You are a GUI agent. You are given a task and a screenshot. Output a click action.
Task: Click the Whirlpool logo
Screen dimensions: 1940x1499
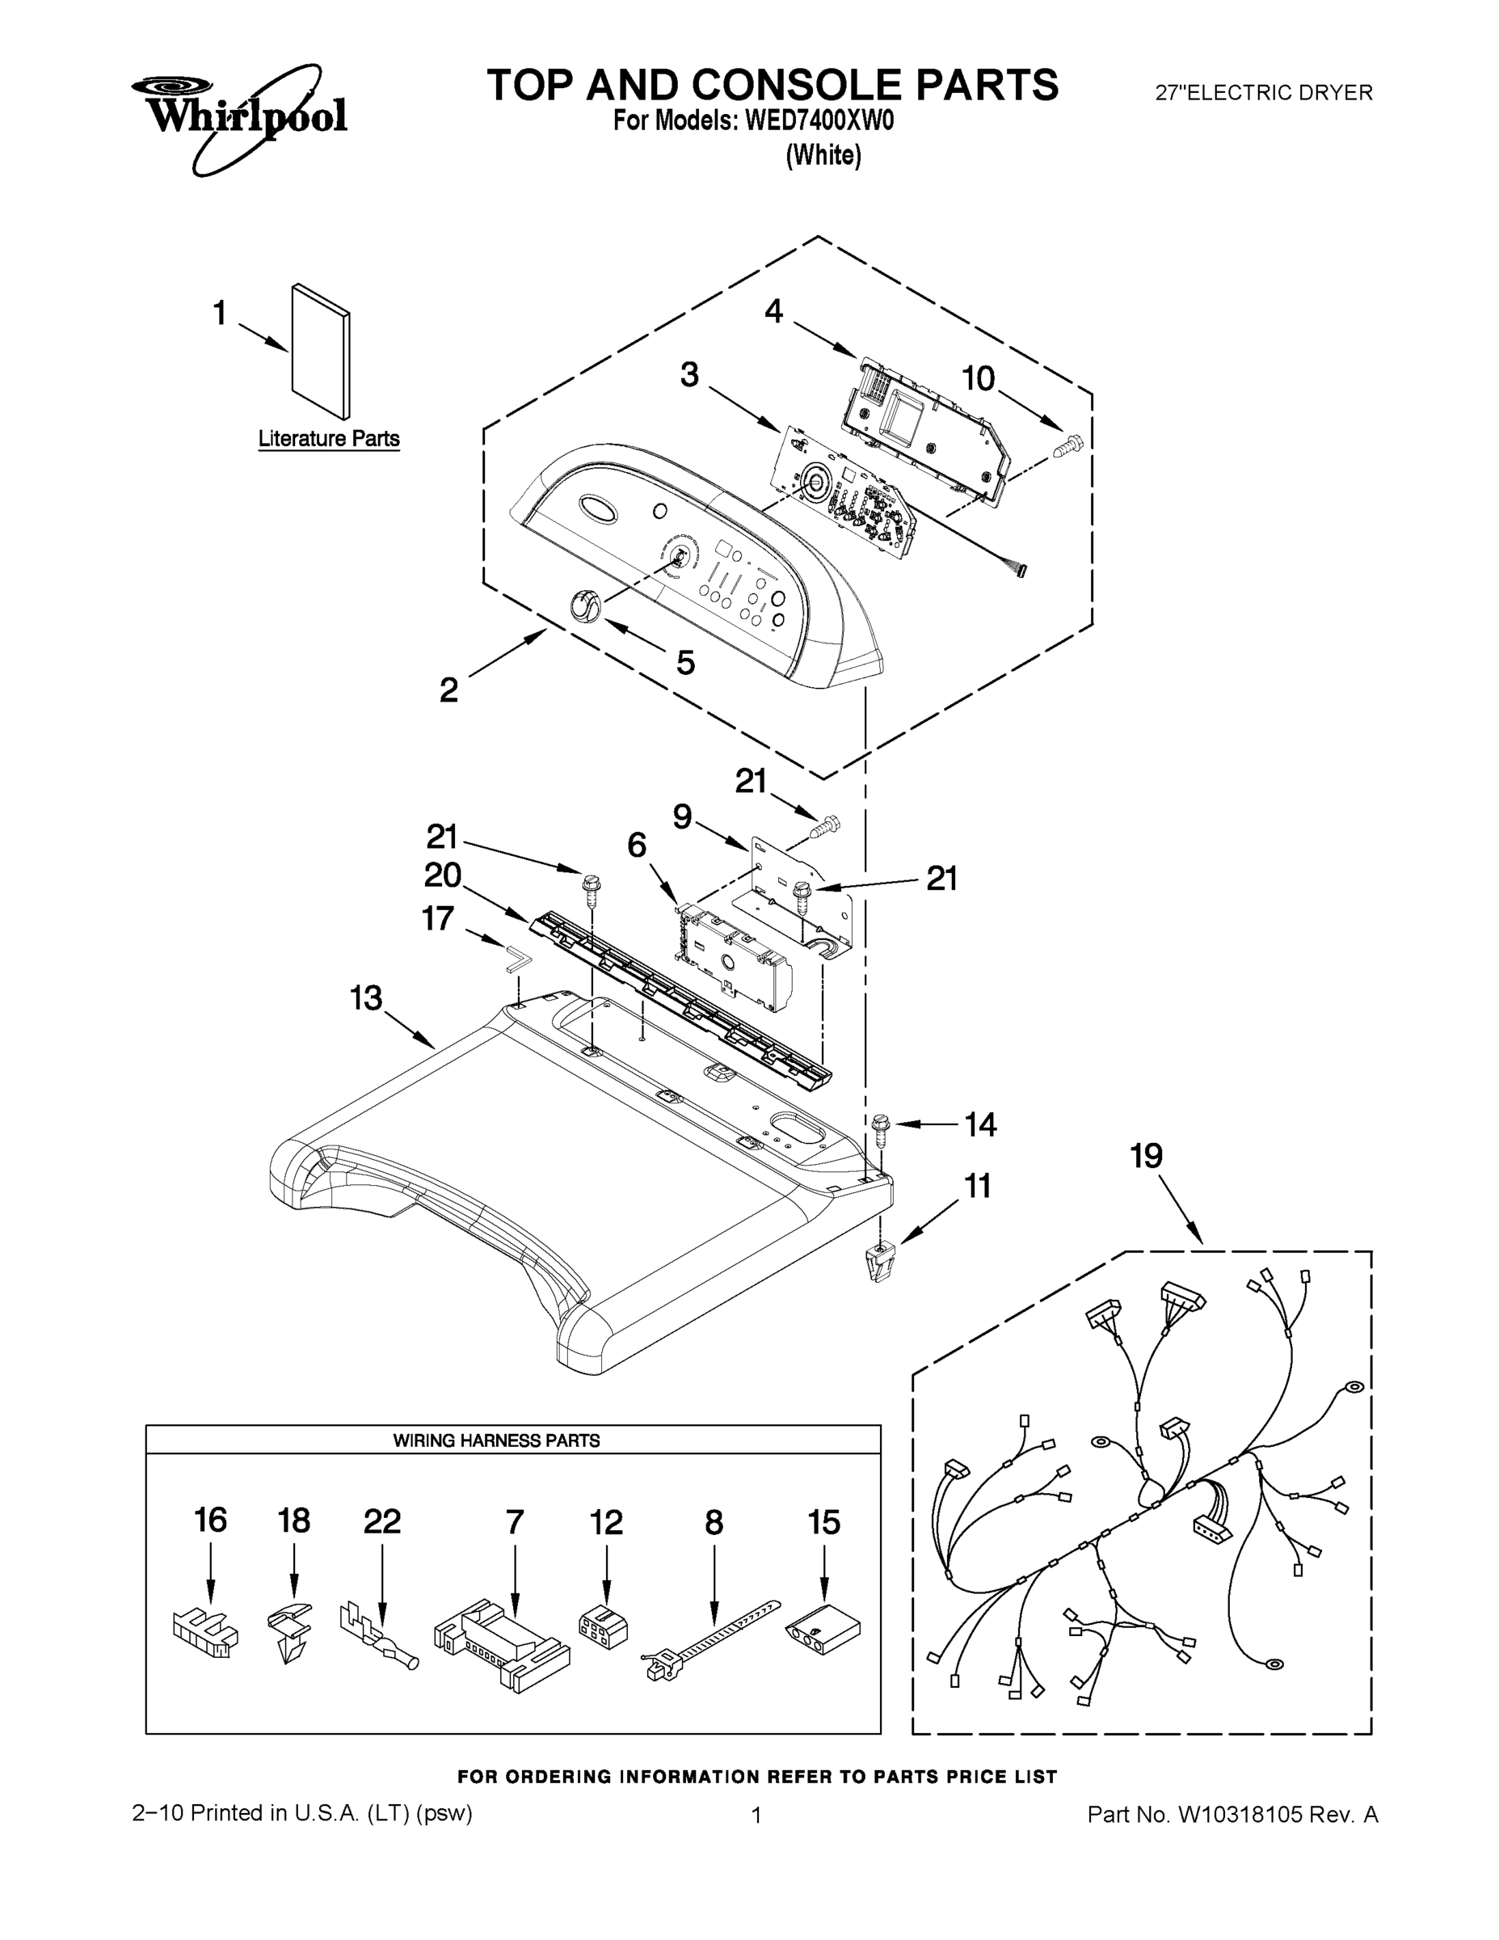click(240, 116)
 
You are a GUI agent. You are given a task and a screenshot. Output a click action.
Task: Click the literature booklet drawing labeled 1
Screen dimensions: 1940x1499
click(321, 351)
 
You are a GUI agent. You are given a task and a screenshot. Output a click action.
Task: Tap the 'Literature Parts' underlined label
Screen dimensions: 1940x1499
click(329, 439)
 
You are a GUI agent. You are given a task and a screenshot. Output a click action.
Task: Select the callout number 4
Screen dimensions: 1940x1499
click(773, 312)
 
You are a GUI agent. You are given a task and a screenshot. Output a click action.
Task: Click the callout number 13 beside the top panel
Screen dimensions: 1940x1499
click(366, 998)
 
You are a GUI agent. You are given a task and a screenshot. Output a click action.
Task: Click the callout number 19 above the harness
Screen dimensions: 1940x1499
click(1146, 1157)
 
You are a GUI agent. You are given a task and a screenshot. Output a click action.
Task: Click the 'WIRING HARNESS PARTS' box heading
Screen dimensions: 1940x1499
click(496, 1440)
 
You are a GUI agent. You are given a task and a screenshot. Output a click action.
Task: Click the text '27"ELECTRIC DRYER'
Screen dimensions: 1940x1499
click(1263, 92)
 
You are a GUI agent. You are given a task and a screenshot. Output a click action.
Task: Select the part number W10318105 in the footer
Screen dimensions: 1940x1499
click(1240, 1815)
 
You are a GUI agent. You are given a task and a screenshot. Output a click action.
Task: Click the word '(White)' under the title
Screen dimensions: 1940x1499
click(823, 155)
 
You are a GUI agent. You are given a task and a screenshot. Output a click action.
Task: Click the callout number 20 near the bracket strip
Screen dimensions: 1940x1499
click(442, 876)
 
